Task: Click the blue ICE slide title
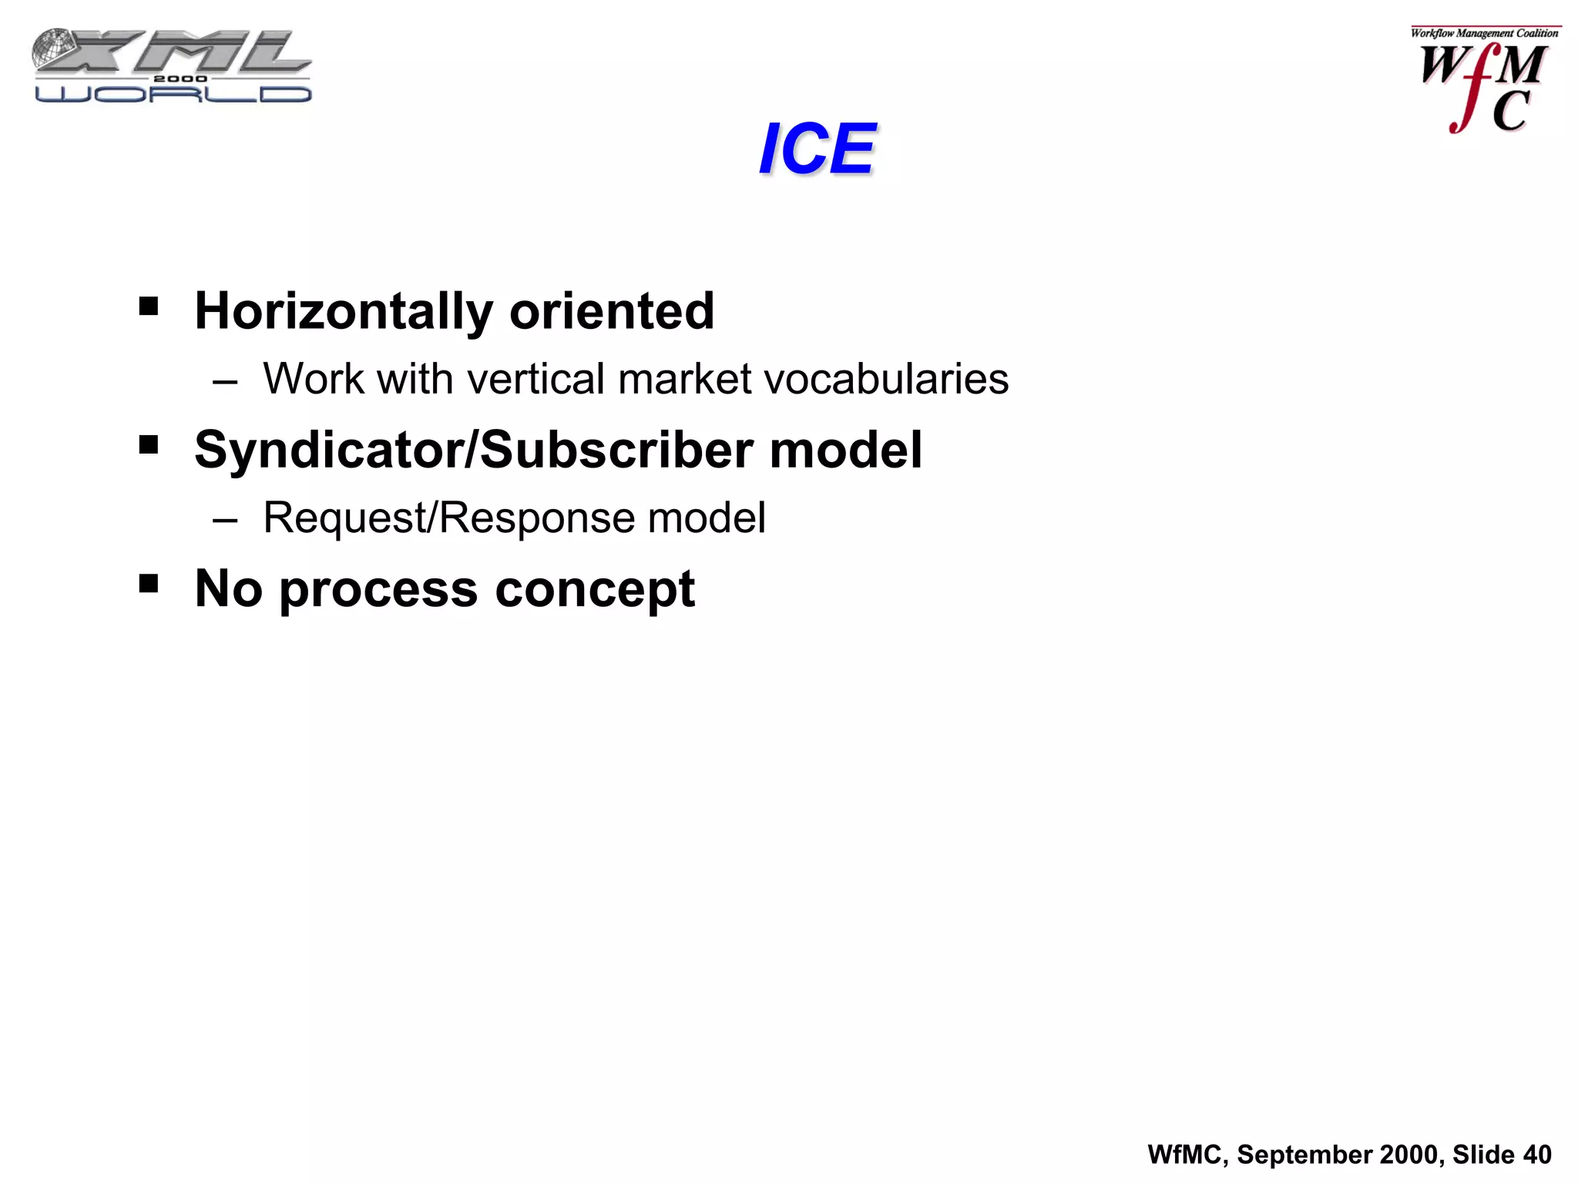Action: (817, 149)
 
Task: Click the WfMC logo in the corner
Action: (1483, 80)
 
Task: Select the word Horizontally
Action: (343, 312)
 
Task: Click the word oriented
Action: (612, 311)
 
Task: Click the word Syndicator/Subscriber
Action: (473, 450)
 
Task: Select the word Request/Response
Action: (448, 518)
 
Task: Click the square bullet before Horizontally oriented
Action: (149, 307)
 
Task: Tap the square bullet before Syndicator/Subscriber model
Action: (149, 444)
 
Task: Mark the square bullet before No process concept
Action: (149, 583)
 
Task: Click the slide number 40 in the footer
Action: (1537, 1155)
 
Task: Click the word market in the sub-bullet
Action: (684, 379)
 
